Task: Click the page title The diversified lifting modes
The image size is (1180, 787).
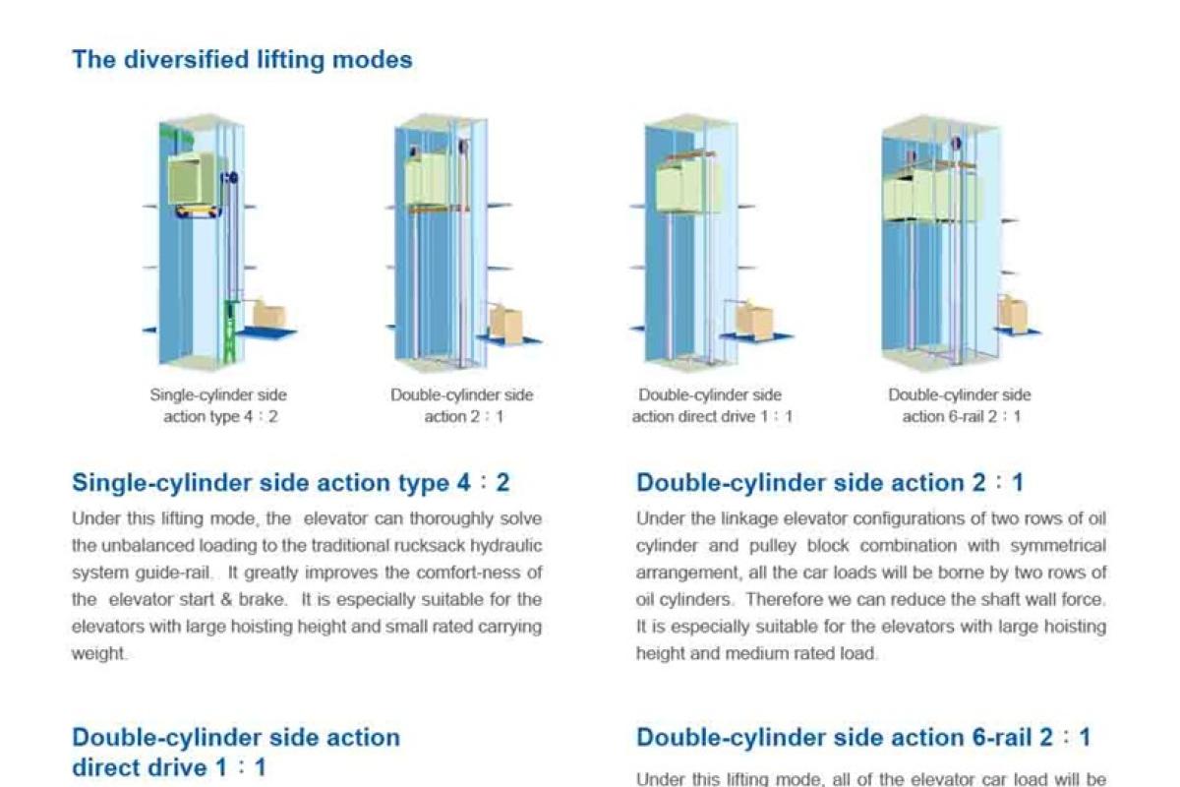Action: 242,60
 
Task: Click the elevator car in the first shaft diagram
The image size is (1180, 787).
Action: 197,178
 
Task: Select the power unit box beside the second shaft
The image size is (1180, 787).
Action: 507,324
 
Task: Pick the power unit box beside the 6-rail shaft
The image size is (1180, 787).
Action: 1012,313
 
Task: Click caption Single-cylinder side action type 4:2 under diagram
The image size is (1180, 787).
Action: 218,405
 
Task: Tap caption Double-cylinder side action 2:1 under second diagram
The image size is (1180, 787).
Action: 461,405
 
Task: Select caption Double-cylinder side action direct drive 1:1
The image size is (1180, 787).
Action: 711,405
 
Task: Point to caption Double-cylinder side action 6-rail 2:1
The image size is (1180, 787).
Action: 960,405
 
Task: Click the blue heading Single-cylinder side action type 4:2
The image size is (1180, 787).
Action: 291,483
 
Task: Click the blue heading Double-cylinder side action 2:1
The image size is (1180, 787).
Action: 830,483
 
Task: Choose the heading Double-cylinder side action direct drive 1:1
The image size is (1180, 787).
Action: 236,752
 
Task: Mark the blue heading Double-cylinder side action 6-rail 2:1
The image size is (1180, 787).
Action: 863,738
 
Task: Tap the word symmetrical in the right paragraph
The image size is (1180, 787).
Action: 1056,545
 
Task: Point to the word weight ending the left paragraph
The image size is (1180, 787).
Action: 98,653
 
